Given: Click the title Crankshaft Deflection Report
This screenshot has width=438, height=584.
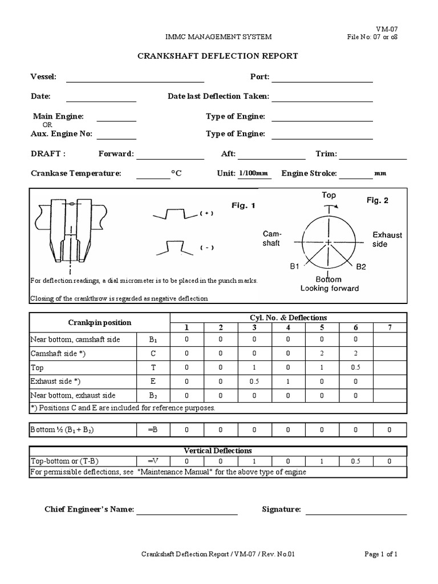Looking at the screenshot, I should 218,56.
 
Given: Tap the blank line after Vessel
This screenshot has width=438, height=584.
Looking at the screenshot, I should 135,79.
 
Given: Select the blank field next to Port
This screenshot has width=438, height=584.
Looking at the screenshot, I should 322,79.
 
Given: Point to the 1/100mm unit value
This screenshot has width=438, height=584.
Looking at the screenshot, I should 253,173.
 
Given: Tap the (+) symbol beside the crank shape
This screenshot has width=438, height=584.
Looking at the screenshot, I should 206,213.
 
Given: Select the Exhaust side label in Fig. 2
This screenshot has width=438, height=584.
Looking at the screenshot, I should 387,240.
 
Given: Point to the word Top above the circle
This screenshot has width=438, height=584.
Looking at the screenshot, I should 329,195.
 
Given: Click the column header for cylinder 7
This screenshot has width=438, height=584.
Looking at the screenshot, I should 390,327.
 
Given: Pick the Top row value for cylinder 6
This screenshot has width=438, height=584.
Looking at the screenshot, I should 355,368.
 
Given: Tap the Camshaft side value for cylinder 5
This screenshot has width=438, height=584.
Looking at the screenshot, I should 322,354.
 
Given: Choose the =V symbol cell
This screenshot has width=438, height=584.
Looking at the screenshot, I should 152,461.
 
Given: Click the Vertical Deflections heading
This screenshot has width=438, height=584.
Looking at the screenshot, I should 218,451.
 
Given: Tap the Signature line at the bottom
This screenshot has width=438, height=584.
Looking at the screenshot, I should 356,510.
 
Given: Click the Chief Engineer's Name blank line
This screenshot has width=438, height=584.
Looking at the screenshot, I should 186,510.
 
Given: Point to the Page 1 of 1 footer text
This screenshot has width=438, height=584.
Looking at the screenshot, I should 381,554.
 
